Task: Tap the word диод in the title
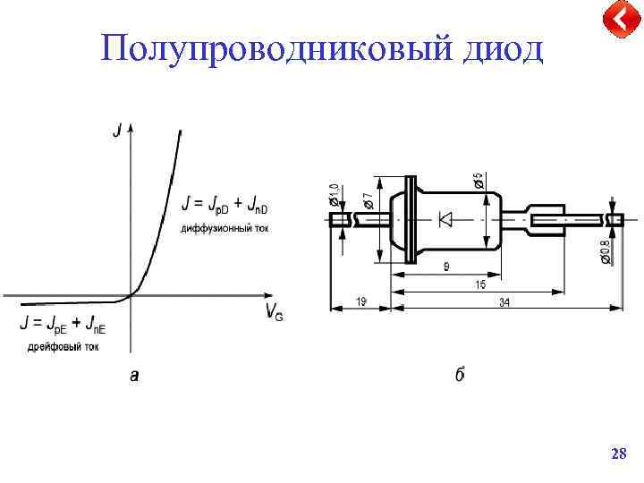point(502,48)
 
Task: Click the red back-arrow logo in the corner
point(618,20)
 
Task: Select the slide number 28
point(617,455)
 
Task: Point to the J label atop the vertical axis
point(116,131)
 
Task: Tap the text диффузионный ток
point(225,228)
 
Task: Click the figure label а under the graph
point(134,377)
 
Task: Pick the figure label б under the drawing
point(459,376)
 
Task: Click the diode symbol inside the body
point(445,218)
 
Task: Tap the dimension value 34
point(504,303)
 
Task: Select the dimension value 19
point(360,303)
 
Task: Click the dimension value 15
point(480,284)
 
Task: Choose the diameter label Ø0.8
point(605,251)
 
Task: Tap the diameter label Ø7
point(368,191)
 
